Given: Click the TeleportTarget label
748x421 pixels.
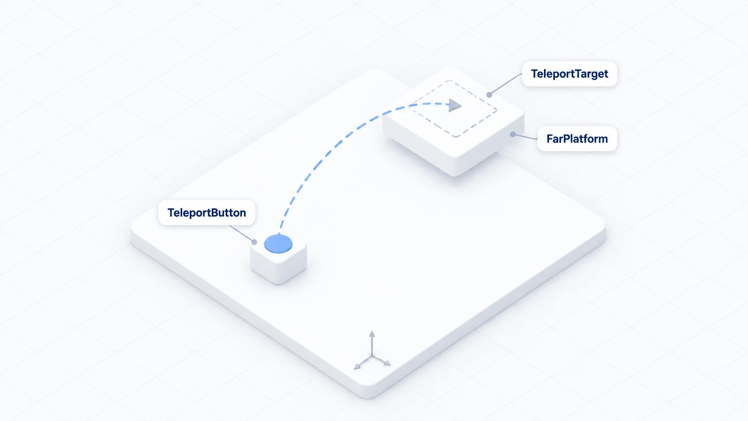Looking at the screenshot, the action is pyautogui.click(x=569, y=74).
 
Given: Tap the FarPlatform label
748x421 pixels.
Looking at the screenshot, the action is pyautogui.click(x=577, y=139).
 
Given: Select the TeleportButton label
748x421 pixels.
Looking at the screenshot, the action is pyautogui.click(x=207, y=213).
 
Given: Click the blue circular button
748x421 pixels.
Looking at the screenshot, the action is pyautogui.click(x=278, y=244).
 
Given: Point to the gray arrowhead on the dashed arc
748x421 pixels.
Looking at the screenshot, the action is pyautogui.click(x=455, y=105).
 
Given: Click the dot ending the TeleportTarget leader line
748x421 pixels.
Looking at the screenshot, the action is pyautogui.click(x=489, y=95).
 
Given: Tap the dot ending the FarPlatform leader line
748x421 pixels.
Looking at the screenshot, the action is pyautogui.click(x=513, y=134).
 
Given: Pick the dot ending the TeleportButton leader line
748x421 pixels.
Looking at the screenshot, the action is pyautogui.click(x=254, y=242).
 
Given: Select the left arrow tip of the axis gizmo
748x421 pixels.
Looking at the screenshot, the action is pyautogui.click(x=355, y=369).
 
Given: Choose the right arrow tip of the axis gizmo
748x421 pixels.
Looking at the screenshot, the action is pyautogui.click(x=391, y=365).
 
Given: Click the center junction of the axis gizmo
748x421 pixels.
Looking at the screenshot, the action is pyautogui.click(x=372, y=356).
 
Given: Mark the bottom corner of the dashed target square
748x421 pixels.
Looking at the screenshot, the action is pyautogui.click(x=456, y=137).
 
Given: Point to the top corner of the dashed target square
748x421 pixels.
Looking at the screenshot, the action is pyautogui.click(x=449, y=81).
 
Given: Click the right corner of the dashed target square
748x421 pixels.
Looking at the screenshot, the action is pyautogui.click(x=496, y=110).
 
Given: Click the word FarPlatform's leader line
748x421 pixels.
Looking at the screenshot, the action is pyautogui.click(x=525, y=136).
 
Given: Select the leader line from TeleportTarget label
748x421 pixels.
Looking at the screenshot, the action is pyautogui.click(x=506, y=84).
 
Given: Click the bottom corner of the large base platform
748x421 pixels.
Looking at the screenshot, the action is pyautogui.click(x=368, y=399).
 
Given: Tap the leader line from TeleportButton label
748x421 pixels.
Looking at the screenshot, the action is pyautogui.click(x=242, y=234).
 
